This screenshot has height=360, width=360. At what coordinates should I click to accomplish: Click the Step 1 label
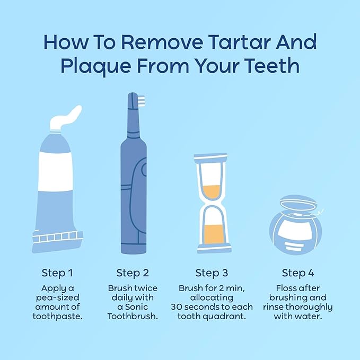[57, 273]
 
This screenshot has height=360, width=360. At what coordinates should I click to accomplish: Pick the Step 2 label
[132, 273]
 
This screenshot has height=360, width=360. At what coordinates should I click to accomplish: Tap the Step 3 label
[212, 273]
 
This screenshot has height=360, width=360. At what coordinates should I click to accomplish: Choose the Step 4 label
[298, 273]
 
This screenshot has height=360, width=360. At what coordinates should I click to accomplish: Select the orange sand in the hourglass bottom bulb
[212, 234]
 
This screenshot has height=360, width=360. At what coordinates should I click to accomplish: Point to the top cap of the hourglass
[212, 157]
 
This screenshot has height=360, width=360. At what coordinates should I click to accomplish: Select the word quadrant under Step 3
[228, 317]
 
